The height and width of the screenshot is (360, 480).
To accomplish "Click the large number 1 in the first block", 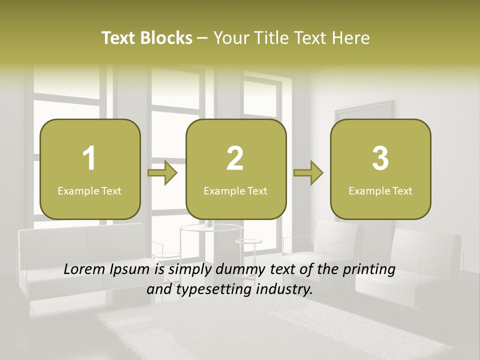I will point(89,158).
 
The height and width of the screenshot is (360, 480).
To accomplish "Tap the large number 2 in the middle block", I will point(235,158).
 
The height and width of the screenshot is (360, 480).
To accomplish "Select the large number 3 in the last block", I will point(380,158).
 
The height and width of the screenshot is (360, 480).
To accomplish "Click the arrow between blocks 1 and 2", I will point(163,173).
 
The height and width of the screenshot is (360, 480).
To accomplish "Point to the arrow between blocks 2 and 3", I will point(308,173).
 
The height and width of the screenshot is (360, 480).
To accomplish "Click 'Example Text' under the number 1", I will point(89,190).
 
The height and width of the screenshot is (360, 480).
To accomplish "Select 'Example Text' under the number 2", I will point(235,190).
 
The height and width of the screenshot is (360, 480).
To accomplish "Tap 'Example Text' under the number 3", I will point(380,190).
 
